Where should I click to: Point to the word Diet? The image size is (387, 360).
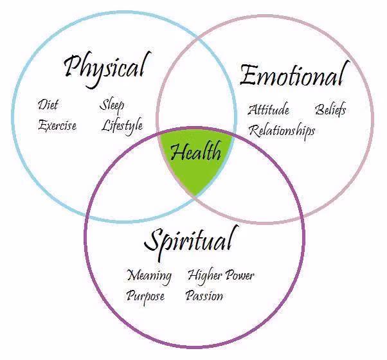point(48,105)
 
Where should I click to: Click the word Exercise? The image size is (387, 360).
point(57,125)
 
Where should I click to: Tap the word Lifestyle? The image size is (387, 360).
point(122,125)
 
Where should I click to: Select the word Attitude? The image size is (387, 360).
point(269,110)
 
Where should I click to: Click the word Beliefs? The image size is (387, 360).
point(331,109)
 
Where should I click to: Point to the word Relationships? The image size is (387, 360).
point(282,130)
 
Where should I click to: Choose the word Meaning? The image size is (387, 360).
point(149,276)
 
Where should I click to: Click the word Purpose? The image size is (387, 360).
point(145,296)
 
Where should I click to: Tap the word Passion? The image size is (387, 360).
point(204,296)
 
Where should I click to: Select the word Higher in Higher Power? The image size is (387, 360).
point(205,276)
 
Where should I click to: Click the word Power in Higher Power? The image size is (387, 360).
point(240,276)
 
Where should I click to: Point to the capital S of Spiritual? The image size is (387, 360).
point(153,241)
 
